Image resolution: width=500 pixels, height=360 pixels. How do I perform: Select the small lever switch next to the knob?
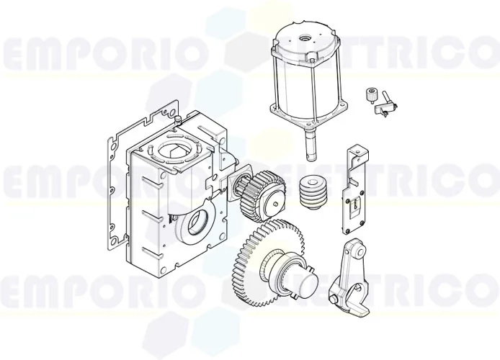(388, 105)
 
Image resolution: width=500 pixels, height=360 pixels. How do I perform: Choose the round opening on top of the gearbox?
(173, 151)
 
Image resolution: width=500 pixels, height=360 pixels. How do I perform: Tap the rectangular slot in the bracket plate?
(354, 208)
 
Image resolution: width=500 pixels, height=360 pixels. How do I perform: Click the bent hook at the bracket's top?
(356, 150)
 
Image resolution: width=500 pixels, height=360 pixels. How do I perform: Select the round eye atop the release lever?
(350, 252)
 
